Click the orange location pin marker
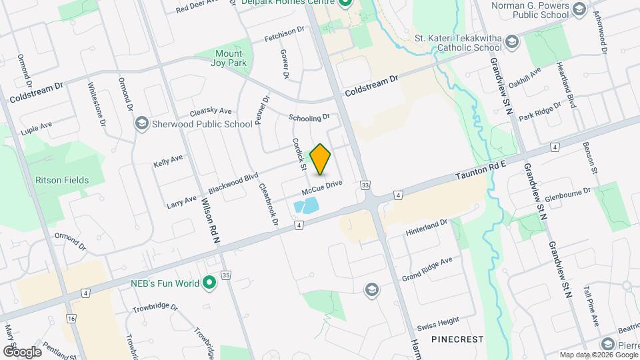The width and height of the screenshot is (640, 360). (x=321, y=159)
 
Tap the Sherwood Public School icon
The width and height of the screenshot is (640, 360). (x=142, y=123)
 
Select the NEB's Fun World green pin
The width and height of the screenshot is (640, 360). (x=209, y=283)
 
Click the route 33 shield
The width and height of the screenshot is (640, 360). (x=365, y=185)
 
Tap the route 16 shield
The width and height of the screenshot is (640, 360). (x=71, y=319)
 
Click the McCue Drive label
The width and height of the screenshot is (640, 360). (x=321, y=189)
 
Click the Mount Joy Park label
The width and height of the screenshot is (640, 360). (x=231, y=58)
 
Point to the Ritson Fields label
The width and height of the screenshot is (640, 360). (x=62, y=180)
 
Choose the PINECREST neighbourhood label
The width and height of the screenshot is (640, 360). (x=457, y=339)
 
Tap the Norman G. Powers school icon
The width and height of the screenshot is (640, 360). (x=578, y=9)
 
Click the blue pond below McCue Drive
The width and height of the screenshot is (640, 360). (x=306, y=206)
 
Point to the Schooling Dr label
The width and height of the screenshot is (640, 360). (x=309, y=117)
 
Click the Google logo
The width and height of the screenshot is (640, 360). (x=23, y=351)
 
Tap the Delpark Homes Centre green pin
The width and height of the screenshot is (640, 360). (x=345, y=3)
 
